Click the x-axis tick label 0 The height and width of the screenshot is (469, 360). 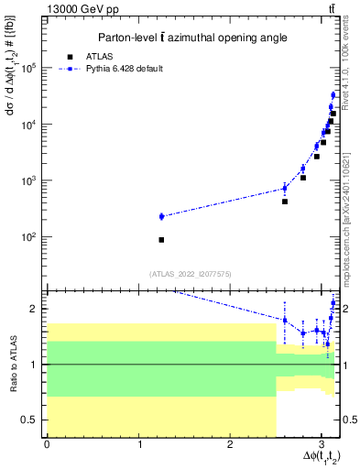(47, 445)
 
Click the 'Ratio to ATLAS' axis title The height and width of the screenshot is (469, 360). (12, 364)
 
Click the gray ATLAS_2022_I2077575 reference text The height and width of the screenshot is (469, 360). (190, 274)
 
